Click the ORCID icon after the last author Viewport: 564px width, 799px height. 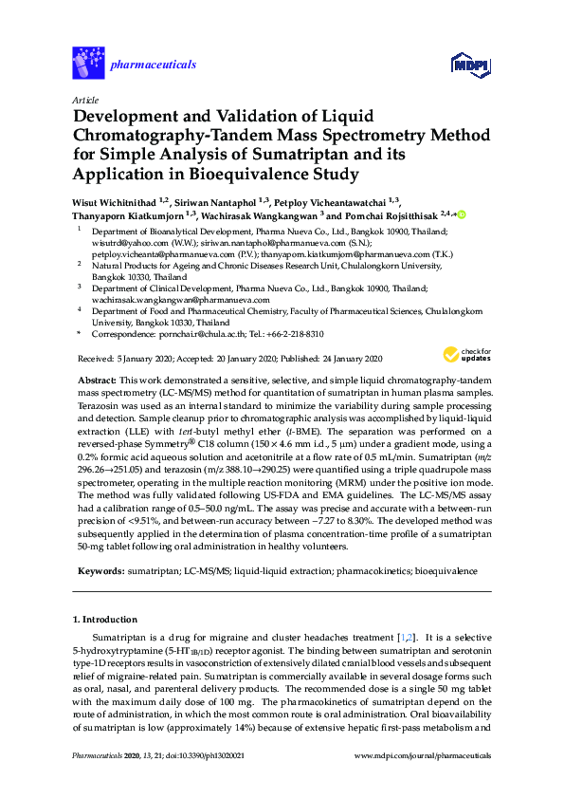pyautogui.click(x=462, y=215)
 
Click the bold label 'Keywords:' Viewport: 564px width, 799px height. pyautogui.click(x=99, y=571)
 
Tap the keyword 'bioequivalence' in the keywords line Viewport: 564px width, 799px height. pyautogui.click(x=447, y=571)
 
